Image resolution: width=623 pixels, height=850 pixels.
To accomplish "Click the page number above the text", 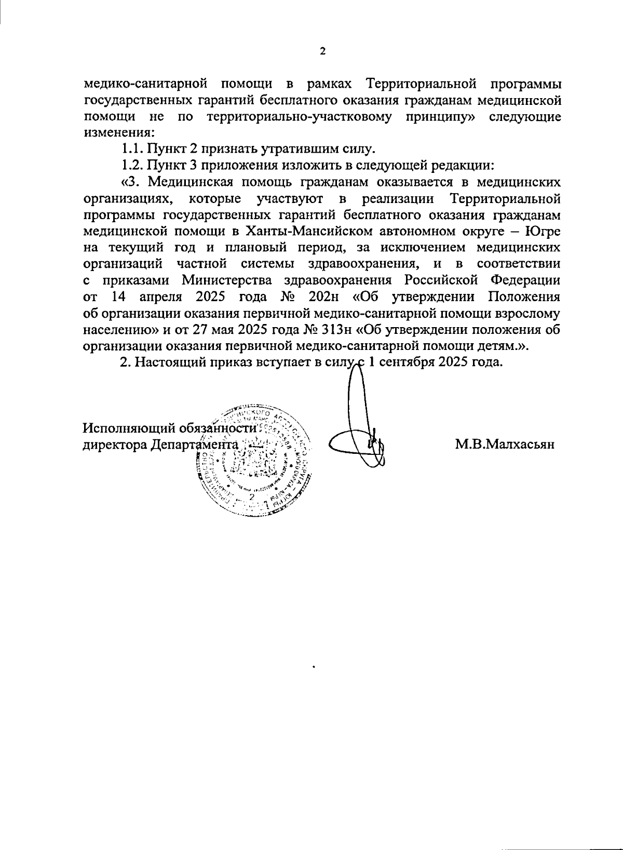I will coord(322,51).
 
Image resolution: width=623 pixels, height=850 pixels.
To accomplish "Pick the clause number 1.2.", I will coord(132,166).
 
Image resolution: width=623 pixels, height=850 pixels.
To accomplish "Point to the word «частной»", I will coord(200,264).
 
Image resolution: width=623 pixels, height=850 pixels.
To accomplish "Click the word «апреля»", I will coord(159,297).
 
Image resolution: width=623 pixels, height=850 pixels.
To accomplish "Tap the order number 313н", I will coord(333,330).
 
